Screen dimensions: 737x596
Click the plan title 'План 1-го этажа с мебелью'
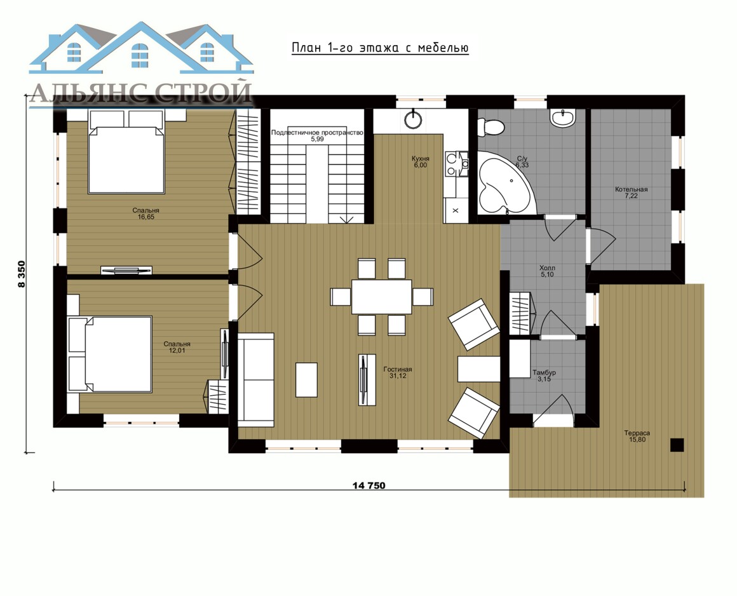tap(380, 48)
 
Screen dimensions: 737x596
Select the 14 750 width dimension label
tap(369, 485)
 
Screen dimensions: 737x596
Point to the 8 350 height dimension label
tap(21, 274)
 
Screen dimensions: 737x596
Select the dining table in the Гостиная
tap(382, 297)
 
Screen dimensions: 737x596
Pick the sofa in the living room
tap(255, 380)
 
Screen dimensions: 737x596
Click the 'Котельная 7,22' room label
tap(632, 193)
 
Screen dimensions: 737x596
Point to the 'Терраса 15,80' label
tap(637, 436)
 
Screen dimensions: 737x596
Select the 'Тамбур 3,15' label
tap(544, 376)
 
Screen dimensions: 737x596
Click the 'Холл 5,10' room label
tap(547, 271)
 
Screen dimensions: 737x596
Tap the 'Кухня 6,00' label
tap(420, 162)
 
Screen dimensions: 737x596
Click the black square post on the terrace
tap(677, 445)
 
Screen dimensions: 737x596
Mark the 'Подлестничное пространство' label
tap(317, 133)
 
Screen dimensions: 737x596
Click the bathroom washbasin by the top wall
tap(563, 118)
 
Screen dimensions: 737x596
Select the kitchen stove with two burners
tap(456, 163)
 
